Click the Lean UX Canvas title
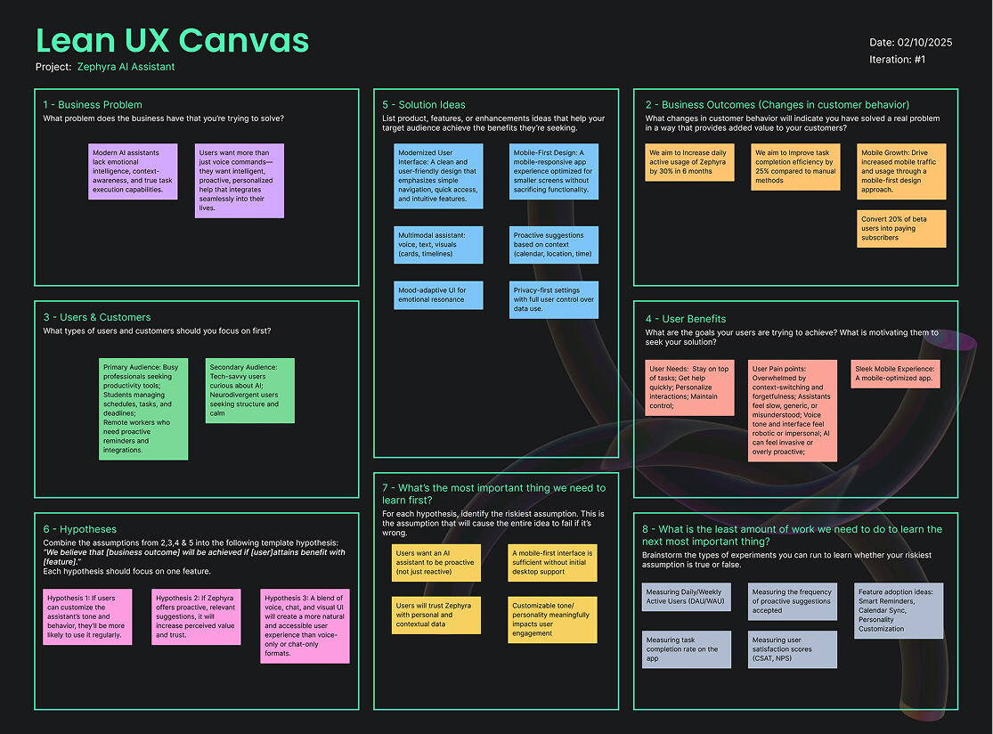tap(172, 41)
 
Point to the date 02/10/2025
tap(911, 42)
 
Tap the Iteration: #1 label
tap(898, 60)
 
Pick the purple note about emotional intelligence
tap(133, 171)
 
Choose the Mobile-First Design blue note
tap(554, 171)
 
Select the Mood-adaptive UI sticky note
tap(438, 295)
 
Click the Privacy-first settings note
tap(554, 299)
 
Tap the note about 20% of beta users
tap(901, 228)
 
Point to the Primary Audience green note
tap(143, 409)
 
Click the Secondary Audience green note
tap(250, 390)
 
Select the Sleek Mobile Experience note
tap(895, 374)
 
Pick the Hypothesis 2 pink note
tap(197, 616)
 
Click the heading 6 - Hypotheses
tap(79, 529)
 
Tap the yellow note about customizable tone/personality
tap(552, 620)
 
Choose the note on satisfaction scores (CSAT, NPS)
tap(793, 649)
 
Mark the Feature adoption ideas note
tap(899, 610)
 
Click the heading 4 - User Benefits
tap(685, 319)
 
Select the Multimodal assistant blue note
tap(438, 244)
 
